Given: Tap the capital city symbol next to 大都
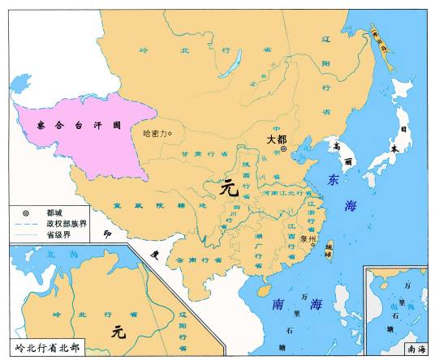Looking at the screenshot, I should pos(283,150).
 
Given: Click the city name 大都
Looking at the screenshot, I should pos(277,139).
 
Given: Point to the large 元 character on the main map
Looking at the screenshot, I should pos(230,188).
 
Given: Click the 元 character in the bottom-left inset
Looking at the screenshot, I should pos(118,331).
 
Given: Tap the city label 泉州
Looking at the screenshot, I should pos(306,240).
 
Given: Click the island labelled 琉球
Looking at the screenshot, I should pos(328,244).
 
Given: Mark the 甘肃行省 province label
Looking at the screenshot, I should pos(199,154).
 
